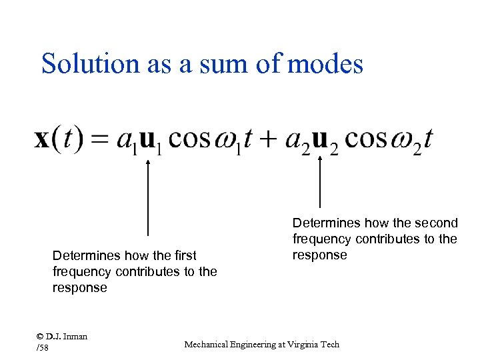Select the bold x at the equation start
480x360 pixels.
point(42,139)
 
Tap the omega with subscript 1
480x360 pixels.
point(227,141)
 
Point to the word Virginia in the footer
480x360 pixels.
point(299,344)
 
